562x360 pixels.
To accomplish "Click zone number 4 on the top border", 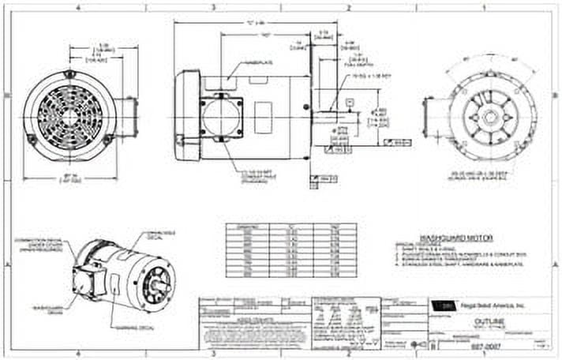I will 78,6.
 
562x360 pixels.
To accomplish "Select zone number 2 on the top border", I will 348,6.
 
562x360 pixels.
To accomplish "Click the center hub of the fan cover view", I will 69,115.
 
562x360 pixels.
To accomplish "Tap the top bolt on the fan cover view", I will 69,74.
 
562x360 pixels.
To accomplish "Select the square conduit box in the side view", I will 221,118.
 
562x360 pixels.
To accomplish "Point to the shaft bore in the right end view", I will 493,116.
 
